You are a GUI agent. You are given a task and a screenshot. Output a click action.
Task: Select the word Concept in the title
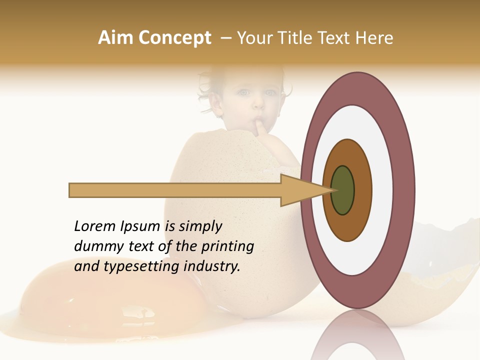pyautogui.click(x=174, y=38)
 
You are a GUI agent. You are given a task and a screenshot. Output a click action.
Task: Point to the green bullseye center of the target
pyautogui.click(x=342, y=190)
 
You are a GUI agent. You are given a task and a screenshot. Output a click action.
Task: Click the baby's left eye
pyautogui.click(x=270, y=92)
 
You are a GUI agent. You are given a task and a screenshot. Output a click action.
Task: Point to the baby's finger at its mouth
pyautogui.click(x=260, y=127)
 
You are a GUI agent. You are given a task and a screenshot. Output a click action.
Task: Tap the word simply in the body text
pyautogui.click(x=200, y=227)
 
